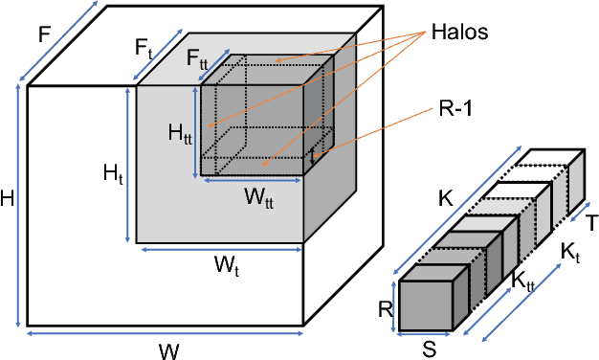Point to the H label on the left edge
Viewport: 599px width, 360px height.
tap(8, 199)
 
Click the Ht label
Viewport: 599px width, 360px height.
tap(113, 173)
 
